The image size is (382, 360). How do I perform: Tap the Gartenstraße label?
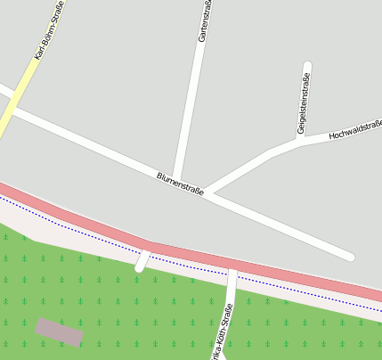(205, 22)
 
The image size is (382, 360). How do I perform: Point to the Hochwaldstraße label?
(355, 130)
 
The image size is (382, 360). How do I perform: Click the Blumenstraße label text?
(180, 184)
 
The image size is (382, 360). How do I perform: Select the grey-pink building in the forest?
(60, 331)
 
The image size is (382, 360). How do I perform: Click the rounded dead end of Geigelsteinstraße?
(307, 67)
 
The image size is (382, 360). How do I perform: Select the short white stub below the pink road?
(142, 262)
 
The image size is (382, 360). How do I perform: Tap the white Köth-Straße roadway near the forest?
(232, 290)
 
